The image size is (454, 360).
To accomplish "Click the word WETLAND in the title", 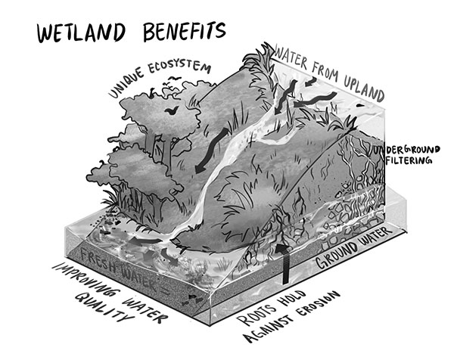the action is coord(81,33).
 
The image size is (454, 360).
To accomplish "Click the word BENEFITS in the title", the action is coord(185,31).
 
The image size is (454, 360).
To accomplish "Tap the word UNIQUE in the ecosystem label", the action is coord(126,82).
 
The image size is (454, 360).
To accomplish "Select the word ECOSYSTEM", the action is coord(179,67).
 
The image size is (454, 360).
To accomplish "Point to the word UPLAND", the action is coord(364,88).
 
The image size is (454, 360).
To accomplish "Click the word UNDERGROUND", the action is coord(406,151).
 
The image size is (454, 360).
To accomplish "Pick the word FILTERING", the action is coord(409,160).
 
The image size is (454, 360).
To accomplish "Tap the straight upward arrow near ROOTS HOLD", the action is coord(285,263).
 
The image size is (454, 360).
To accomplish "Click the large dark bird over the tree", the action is coord(172,110).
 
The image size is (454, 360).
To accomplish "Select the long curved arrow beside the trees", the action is coord(211,151).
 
